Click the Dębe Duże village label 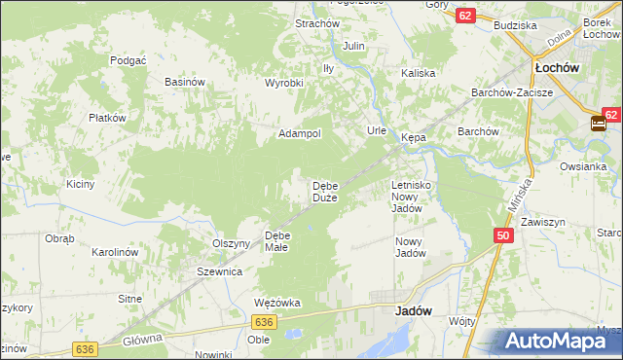324,192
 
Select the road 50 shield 502,236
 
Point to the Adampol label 300,133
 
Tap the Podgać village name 128,59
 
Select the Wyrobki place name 284,83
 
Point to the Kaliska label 418,73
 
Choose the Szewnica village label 219,272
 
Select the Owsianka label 584,165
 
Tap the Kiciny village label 80,184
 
